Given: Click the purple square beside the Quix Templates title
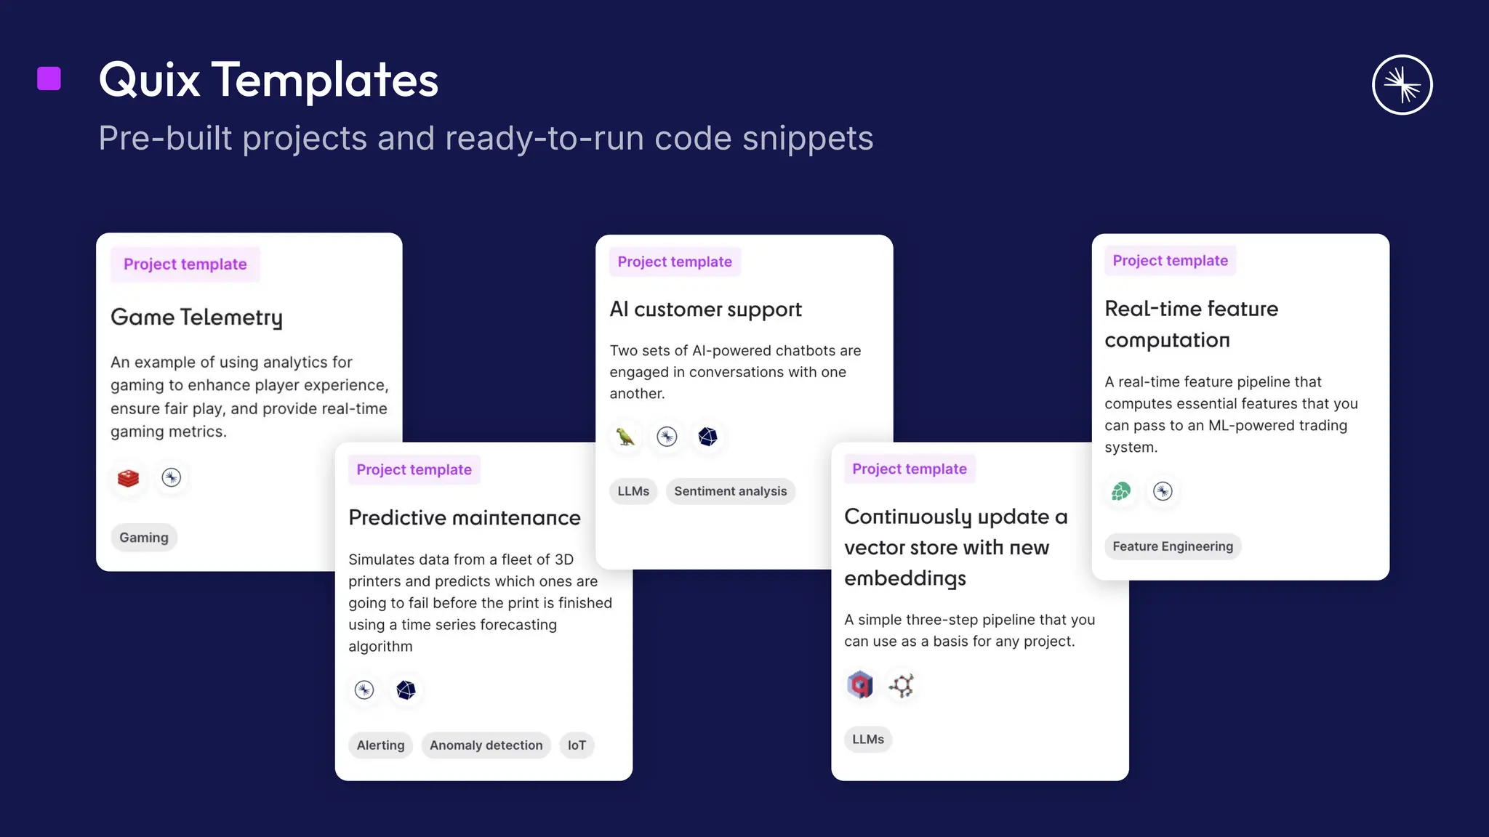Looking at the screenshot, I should [x=49, y=78].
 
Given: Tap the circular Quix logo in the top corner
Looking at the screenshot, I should [x=1402, y=85].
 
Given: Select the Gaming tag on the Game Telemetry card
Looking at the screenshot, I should [x=144, y=538].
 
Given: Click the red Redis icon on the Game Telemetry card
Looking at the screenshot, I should [x=129, y=478].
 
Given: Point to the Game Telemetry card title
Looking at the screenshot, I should [x=196, y=318].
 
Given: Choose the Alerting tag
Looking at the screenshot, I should [x=380, y=745].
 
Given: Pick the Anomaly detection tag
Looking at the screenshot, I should [x=486, y=745].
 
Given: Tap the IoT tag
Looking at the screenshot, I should [x=577, y=745].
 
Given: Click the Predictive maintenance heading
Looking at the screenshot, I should [x=464, y=518].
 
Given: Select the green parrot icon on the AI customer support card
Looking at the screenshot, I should [x=625, y=437].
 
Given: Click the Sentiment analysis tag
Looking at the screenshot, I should [x=730, y=491].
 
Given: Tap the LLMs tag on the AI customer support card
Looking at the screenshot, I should [x=633, y=491].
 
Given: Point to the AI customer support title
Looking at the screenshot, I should [x=705, y=310].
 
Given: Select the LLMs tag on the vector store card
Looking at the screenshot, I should [x=868, y=740].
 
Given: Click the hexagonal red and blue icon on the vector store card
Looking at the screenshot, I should [x=860, y=685].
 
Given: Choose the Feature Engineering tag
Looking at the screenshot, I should [x=1173, y=546].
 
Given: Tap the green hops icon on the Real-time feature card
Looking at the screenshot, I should [x=1121, y=492].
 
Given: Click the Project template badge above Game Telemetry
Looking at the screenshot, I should [x=185, y=264].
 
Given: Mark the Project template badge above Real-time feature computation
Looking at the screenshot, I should [x=1170, y=261].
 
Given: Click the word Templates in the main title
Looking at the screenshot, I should [x=325, y=80].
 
